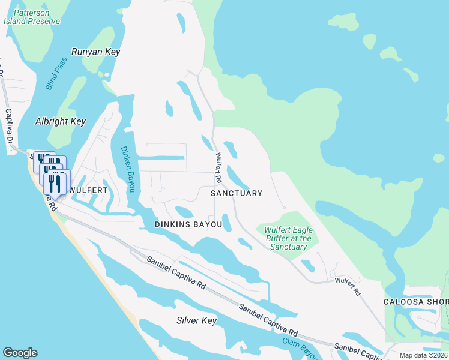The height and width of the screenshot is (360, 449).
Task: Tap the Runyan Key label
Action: coord(96,52)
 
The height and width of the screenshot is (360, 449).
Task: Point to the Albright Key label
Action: coord(61,121)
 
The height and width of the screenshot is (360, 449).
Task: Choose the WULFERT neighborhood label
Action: coord(88,190)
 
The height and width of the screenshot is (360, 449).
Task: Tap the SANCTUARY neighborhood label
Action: coord(237,193)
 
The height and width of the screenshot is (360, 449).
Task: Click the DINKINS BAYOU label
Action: coord(188,224)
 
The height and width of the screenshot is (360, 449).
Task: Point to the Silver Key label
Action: coord(196,320)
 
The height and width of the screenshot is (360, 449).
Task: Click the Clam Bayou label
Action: coord(299,347)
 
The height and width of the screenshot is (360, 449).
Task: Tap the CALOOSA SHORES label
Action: coord(416,301)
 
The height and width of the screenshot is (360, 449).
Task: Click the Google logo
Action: coord(20,353)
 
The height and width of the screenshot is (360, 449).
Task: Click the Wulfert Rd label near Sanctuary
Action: coord(218,168)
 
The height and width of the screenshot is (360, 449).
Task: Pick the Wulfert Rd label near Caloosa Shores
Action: coord(348,286)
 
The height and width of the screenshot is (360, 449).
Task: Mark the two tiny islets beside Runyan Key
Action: coord(104,75)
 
